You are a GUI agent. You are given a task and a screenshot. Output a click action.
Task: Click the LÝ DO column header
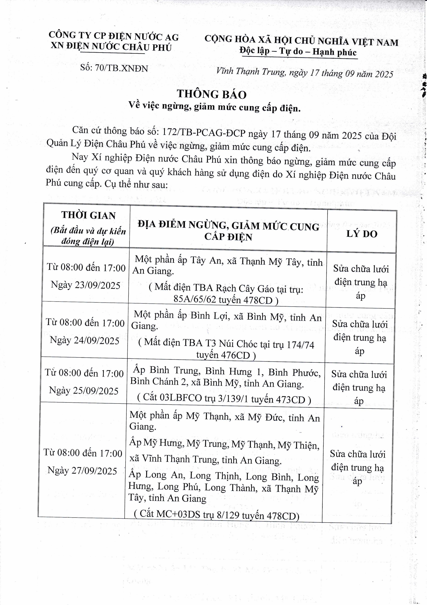click(x=362, y=234)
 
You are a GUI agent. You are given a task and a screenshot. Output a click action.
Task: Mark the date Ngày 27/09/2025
click(x=82, y=471)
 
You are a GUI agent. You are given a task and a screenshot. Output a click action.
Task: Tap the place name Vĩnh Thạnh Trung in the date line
click(x=251, y=71)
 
